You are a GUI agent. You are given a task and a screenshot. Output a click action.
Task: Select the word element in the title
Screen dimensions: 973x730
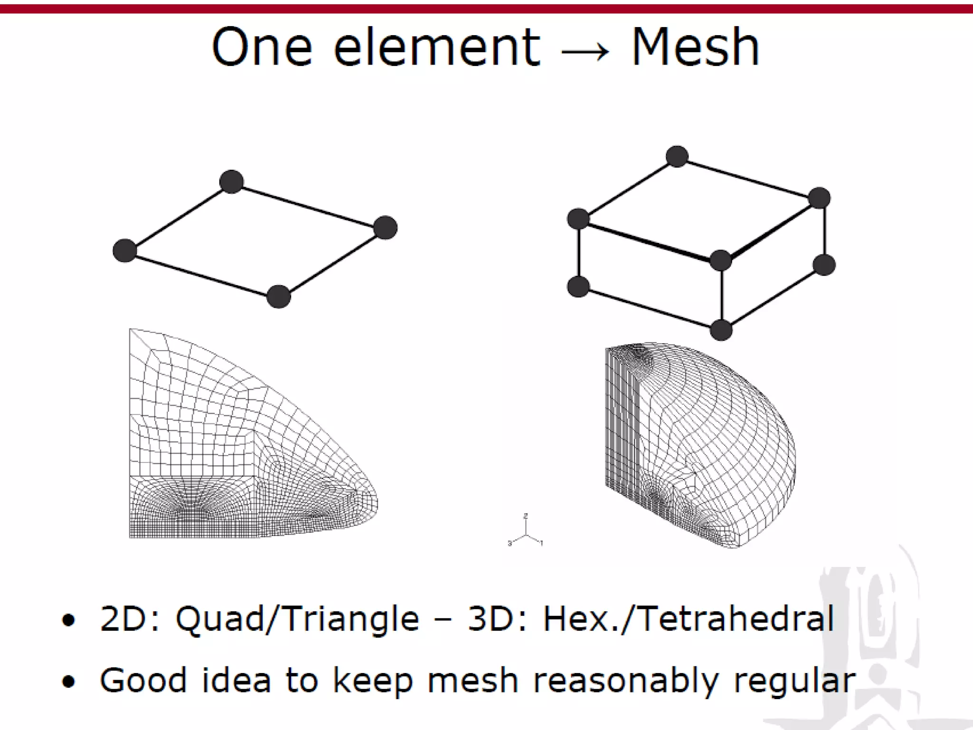437,48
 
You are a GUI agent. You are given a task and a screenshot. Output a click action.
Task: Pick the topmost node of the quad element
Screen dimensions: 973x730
232,182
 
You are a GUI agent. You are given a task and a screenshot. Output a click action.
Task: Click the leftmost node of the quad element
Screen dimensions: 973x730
124,250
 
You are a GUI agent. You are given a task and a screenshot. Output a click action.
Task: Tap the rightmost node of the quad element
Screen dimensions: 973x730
385,227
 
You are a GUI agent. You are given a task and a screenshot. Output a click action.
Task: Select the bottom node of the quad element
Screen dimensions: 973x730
278,297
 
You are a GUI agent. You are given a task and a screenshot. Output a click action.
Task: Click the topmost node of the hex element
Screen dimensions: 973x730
677,156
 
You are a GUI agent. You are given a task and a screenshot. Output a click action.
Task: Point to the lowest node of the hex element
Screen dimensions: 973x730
721,330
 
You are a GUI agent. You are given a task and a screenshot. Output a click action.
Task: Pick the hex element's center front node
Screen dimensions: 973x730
721,260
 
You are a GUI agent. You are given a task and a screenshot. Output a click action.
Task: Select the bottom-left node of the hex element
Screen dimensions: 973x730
578,287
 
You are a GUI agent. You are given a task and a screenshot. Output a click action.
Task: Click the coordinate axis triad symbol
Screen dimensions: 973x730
525,532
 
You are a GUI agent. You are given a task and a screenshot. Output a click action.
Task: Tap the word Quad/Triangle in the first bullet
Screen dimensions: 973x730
297,619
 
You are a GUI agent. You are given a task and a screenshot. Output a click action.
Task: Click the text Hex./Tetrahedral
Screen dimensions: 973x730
688,619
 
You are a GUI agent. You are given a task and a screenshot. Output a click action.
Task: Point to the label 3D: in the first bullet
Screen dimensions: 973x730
497,619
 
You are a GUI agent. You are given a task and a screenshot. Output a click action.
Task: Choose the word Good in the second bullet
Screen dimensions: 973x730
143,680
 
